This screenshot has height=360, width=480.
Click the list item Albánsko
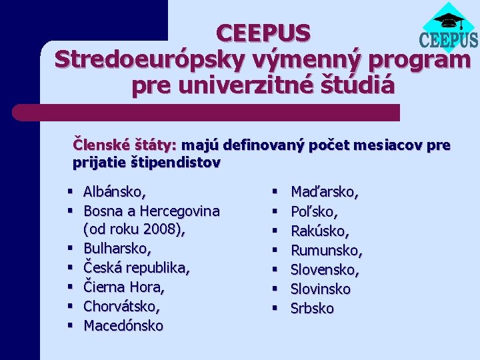pos(115,192)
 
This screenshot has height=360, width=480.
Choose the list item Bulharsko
pos(117,249)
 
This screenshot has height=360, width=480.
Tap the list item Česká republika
pos(137,269)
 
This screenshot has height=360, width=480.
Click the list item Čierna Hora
pos(124,287)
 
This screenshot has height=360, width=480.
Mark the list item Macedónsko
pos(123,326)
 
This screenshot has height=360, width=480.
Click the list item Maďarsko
pos(325,192)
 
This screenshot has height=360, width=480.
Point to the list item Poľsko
pos(314,211)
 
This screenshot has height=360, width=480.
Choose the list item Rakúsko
pos(320,231)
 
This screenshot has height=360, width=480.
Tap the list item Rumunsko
pos(327,250)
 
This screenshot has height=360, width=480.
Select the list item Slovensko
pos(325,269)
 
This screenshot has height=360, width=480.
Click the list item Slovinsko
pos(321,289)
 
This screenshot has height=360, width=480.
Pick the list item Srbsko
pos(313,308)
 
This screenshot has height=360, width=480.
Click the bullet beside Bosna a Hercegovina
pos(70,211)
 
